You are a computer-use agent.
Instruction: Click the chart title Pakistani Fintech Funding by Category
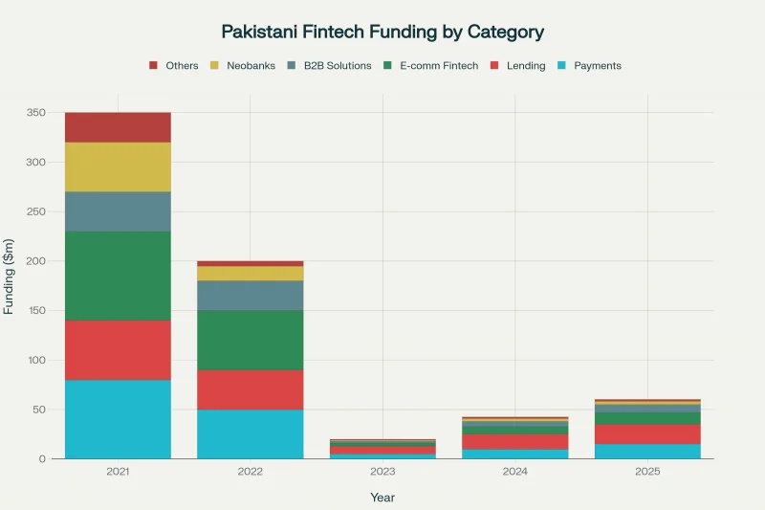(x=382, y=32)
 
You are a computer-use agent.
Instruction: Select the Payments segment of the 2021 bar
(x=118, y=419)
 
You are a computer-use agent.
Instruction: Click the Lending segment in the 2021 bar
(x=118, y=350)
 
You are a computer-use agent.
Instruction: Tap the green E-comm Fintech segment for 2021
(x=118, y=276)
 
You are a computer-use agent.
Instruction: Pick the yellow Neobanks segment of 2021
(x=118, y=166)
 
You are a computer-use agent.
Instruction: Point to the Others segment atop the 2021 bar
(x=118, y=127)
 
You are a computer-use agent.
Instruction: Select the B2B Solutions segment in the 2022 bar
(x=250, y=295)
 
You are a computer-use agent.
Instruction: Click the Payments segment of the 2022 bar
(x=250, y=433)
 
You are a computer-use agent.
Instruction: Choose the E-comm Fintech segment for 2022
(x=250, y=340)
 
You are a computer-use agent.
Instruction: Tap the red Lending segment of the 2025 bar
(x=647, y=433)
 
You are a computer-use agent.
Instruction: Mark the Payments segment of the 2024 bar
(x=515, y=454)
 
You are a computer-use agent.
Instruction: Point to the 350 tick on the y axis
(x=35, y=113)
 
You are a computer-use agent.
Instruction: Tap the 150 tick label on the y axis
(x=35, y=311)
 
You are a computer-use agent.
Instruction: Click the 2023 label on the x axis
(x=382, y=472)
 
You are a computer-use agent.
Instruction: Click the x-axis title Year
(x=382, y=498)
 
